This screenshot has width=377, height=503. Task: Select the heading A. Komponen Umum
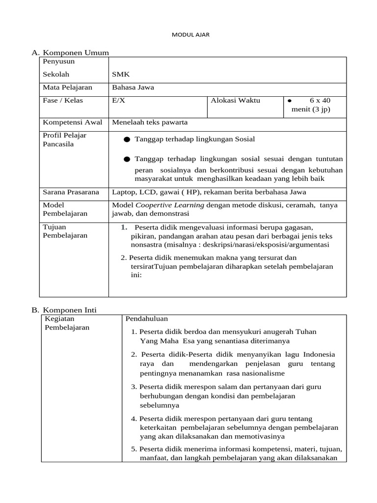tap(70, 53)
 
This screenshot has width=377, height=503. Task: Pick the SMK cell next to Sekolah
tap(120, 75)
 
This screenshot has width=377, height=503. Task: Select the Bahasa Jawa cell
tap(133, 88)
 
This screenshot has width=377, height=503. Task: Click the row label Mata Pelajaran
tap(68, 88)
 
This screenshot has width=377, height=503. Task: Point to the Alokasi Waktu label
tap(235, 101)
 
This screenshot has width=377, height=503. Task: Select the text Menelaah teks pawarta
tap(150, 122)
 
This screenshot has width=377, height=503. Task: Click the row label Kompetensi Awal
tap(72, 122)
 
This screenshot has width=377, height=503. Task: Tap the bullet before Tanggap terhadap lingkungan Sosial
tap(127, 140)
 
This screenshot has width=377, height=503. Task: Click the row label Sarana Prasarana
tap(71, 192)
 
